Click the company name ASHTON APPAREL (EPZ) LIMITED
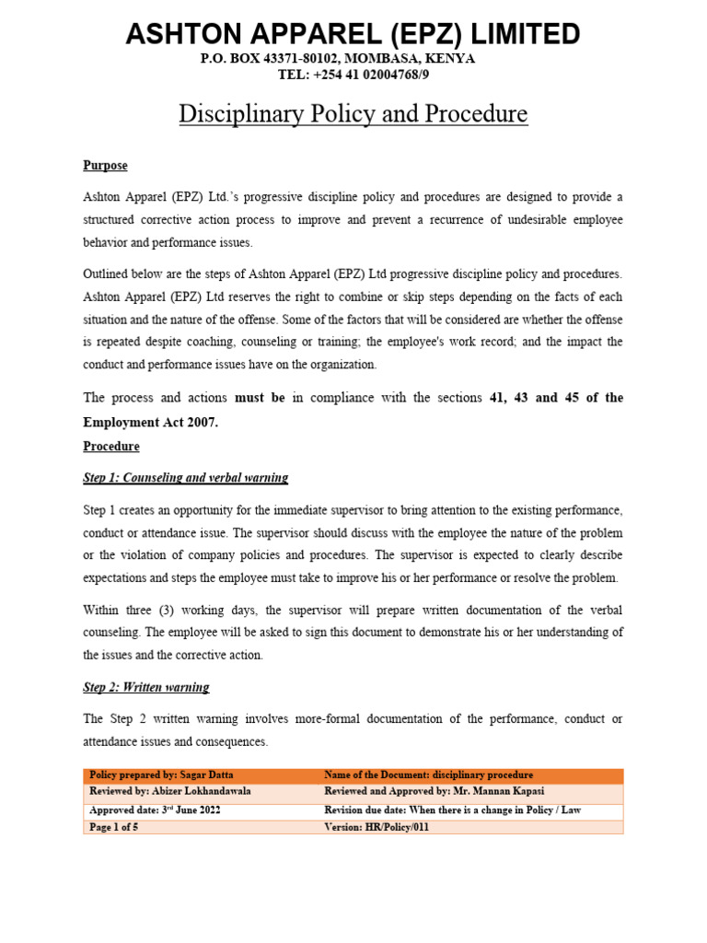click(353, 35)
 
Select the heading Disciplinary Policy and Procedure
click(353, 114)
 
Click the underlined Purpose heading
click(105, 166)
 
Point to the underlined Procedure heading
click(111, 447)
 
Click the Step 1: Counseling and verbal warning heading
click(186, 478)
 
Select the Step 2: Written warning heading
click(146, 688)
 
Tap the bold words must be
click(260, 398)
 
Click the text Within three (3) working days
click(160, 609)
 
